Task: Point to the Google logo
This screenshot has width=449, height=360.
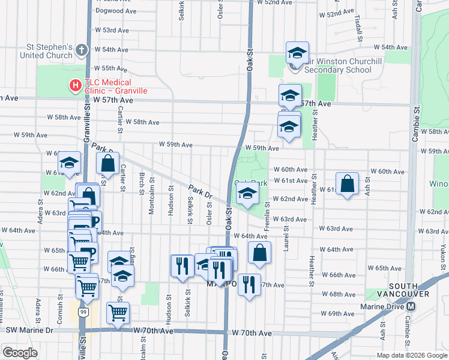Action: point(20,353)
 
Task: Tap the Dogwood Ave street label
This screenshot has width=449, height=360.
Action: point(116,11)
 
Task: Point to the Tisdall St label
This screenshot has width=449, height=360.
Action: point(358,25)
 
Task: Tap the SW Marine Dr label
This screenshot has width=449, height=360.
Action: point(28,331)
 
